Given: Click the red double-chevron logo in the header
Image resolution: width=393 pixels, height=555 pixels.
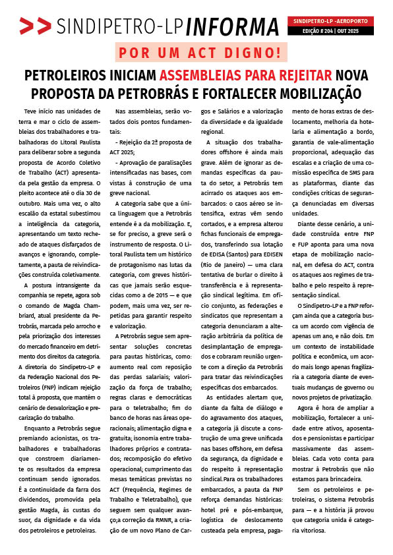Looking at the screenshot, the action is [x=35, y=26].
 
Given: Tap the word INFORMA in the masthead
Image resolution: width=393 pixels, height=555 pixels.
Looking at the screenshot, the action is [x=233, y=26].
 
